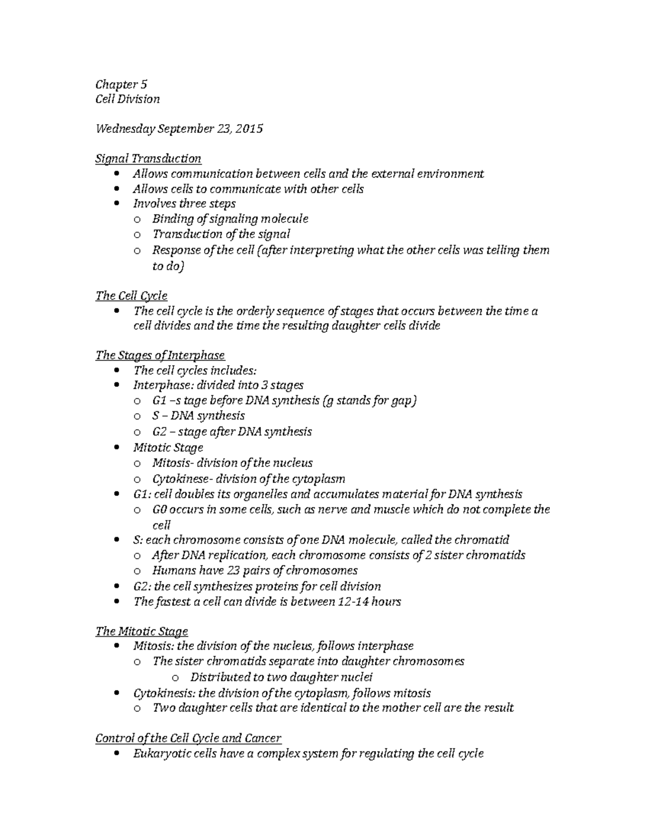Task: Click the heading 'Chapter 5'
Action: [x=121, y=84]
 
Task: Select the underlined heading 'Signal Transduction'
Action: [x=148, y=159]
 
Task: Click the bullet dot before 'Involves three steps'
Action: [x=118, y=204]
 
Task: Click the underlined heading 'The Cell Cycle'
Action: [x=131, y=296]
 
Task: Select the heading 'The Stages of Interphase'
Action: [x=160, y=355]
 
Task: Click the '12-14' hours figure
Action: [x=352, y=602]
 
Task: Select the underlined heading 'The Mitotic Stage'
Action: [x=141, y=632]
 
